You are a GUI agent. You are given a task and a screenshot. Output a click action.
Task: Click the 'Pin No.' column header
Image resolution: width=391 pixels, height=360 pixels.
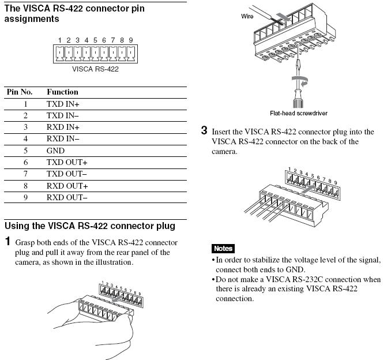(19, 92)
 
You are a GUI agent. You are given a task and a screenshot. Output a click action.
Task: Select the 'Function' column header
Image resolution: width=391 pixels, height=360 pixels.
(62, 92)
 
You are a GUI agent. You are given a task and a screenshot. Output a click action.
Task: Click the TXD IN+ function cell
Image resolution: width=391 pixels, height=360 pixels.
(63, 104)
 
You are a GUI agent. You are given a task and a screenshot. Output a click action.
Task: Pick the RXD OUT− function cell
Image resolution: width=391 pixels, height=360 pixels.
(67, 197)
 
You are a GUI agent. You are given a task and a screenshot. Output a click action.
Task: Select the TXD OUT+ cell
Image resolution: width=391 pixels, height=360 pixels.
(67, 163)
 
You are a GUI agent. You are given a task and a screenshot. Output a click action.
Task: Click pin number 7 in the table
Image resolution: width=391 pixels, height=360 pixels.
(25, 174)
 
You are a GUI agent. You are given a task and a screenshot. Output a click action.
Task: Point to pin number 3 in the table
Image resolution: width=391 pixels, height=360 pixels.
(25, 127)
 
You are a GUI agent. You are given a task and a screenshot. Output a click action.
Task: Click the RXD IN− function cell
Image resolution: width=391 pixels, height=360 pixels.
(63, 139)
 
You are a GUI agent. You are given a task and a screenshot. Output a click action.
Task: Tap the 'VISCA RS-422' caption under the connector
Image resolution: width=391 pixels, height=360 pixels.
(95, 69)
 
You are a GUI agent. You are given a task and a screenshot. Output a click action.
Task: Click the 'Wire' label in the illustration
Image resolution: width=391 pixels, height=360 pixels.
(247, 16)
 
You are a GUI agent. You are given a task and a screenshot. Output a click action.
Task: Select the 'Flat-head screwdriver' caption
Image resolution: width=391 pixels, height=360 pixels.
(298, 114)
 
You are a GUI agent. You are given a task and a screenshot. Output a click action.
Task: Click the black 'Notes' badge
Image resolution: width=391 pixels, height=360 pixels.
(223, 249)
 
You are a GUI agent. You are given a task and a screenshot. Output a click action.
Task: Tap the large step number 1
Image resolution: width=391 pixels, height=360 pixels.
(7, 241)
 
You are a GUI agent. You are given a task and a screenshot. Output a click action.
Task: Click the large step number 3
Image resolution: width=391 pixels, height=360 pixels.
(204, 130)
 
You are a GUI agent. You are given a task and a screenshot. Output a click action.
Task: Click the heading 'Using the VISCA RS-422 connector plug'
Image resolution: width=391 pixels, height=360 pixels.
(89, 226)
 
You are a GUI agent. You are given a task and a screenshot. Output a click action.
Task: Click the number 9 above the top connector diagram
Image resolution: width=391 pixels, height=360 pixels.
(131, 40)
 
